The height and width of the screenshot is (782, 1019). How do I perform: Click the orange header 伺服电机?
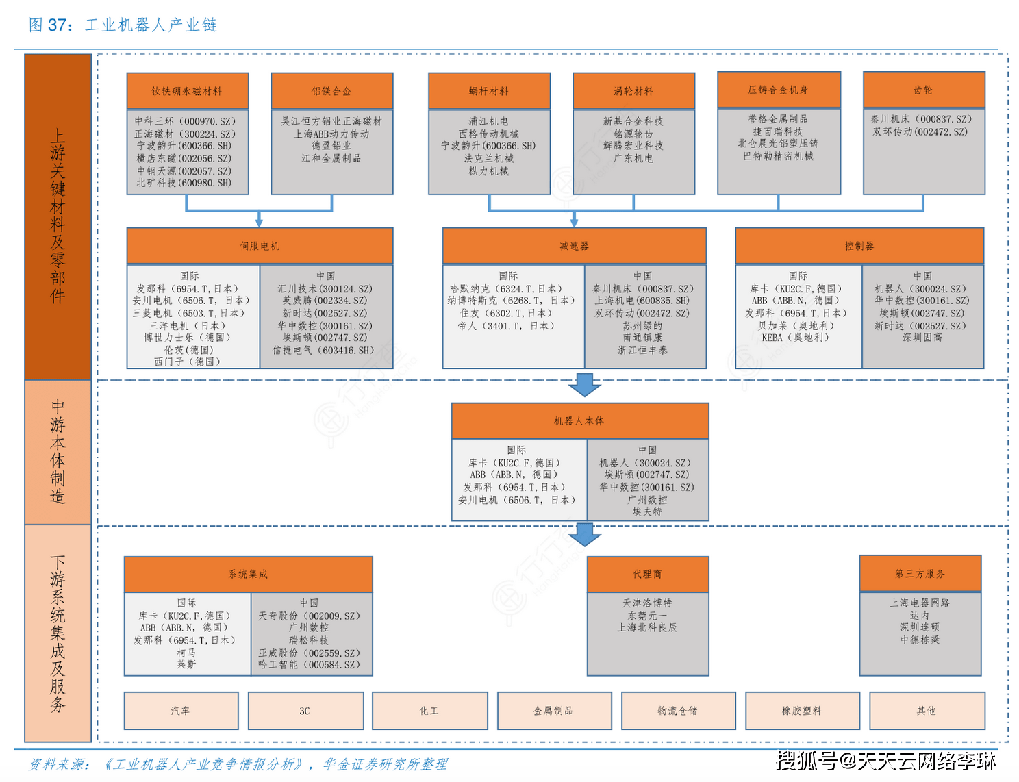click(260, 246)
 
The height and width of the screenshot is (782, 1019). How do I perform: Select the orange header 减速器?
click(574, 246)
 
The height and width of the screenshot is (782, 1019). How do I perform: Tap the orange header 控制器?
click(859, 246)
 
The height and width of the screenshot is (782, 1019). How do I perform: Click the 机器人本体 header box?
click(579, 421)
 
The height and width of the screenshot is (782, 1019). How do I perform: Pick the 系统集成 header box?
click(248, 575)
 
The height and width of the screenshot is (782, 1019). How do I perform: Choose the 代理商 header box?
click(648, 575)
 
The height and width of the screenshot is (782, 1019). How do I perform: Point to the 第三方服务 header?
click(920, 573)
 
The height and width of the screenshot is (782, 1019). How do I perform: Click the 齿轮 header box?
click(924, 90)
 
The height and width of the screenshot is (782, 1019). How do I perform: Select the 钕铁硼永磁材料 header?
click(187, 91)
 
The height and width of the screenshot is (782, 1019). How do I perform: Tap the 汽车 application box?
click(181, 711)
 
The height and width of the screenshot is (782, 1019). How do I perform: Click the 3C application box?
click(305, 711)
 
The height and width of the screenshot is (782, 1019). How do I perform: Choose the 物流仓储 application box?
click(678, 711)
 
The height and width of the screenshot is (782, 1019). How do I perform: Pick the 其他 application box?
click(927, 711)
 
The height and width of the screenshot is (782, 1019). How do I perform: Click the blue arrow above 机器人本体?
click(584, 385)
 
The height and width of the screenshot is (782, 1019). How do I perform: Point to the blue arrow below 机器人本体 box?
click(584, 535)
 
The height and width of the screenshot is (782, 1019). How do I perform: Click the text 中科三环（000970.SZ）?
click(185, 121)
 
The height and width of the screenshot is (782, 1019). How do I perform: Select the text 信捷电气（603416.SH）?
click(323, 350)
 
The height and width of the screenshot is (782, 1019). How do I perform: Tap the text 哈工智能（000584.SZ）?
click(310, 665)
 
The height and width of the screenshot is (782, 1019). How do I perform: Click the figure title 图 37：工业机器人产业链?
click(123, 25)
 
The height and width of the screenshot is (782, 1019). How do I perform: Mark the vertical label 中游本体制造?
click(58, 451)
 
